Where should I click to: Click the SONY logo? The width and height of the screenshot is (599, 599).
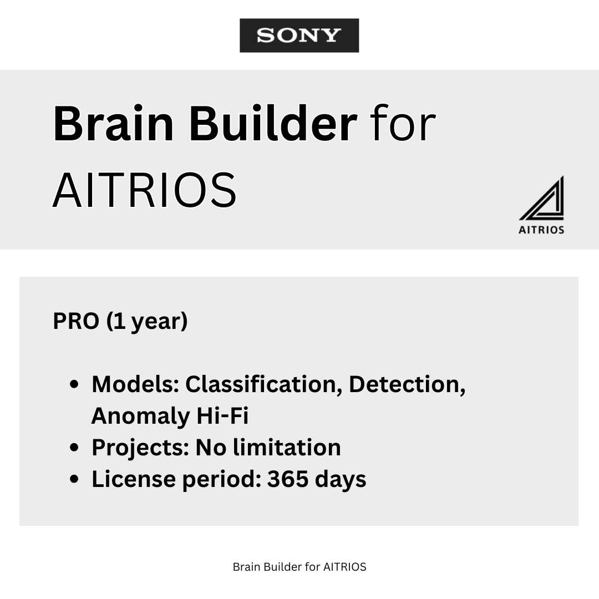tap(299, 35)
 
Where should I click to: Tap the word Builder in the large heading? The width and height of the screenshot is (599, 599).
tap(272, 124)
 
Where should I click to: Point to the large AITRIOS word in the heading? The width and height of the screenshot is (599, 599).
tap(145, 190)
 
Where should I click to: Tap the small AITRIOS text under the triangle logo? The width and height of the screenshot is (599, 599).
tap(541, 230)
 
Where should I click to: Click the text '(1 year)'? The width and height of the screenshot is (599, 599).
tap(147, 322)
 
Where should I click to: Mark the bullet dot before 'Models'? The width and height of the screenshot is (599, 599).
tap(74, 385)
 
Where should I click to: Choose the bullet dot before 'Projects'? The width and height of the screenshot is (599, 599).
tap(74, 448)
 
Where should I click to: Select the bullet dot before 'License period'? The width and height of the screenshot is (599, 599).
tap(74, 480)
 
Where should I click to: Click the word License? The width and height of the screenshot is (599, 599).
tap(133, 479)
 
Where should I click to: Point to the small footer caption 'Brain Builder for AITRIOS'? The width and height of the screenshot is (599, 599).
tap(299, 567)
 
